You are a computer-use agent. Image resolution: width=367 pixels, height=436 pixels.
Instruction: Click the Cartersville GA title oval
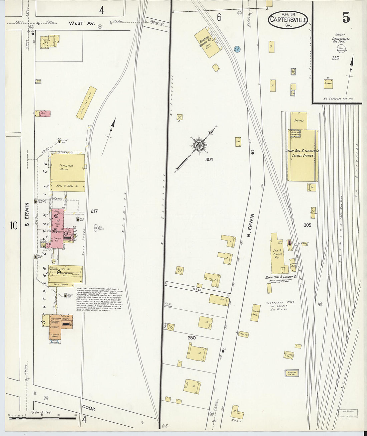point(288,20)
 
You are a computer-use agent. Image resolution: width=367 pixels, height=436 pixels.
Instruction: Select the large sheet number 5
point(346,17)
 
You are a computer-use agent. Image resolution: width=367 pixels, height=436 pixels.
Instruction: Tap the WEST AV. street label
point(82,23)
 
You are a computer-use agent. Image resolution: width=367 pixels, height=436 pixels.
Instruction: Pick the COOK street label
point(89,409)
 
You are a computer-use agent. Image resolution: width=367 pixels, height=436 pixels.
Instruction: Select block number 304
point(209,159)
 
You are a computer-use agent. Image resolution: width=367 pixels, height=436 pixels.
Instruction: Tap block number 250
point(192,338)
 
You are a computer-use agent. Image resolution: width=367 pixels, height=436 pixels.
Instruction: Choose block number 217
point(94,211)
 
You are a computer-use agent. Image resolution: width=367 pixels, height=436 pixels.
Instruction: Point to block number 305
point(307,225)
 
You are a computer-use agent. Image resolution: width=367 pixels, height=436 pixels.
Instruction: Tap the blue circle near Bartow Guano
point(237,49)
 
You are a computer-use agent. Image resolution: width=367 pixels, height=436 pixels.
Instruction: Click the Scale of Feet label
point(42,412)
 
